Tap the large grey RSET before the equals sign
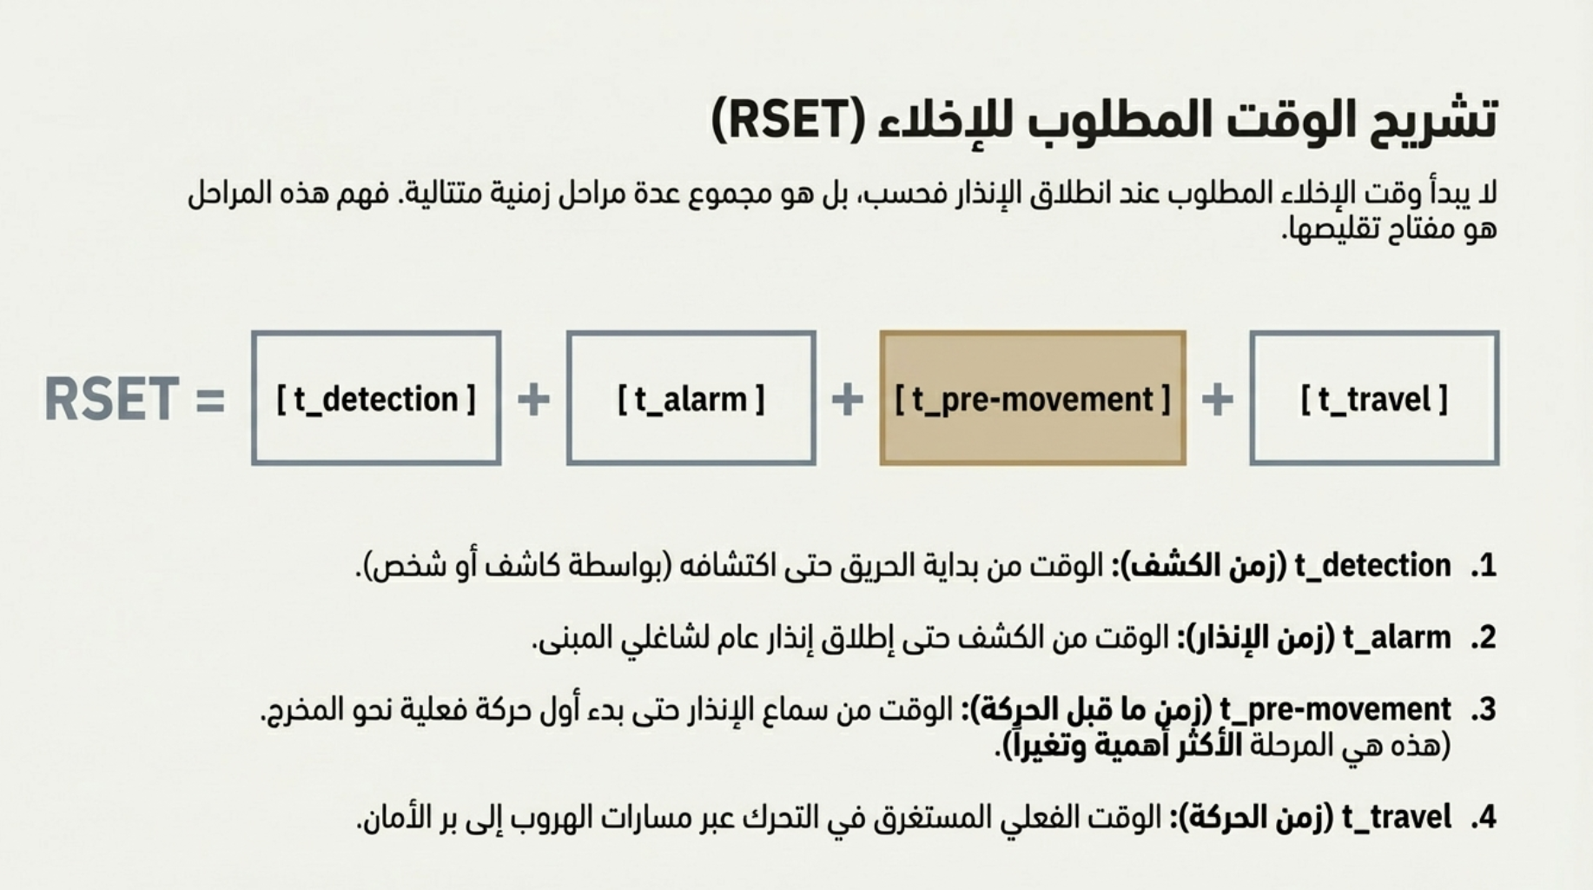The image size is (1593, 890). pos(111,400)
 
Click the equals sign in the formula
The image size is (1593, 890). pos(210,401)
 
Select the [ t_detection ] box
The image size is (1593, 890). pos(376,398)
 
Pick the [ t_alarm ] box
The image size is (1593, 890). pos(691,398)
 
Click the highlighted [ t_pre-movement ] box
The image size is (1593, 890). pos(1033,398)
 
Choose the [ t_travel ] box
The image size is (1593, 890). pos(1374,398)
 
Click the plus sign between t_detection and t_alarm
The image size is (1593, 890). pos(533,400)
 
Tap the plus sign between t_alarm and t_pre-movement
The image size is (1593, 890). pos(847,400)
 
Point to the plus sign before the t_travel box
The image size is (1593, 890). pos(1217,400)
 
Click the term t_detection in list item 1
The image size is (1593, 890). pos(1372,566)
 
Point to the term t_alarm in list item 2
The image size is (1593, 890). pos(1397,638)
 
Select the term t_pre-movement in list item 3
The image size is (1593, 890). pos(1335,710)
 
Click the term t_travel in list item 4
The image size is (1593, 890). pos(1396,817)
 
